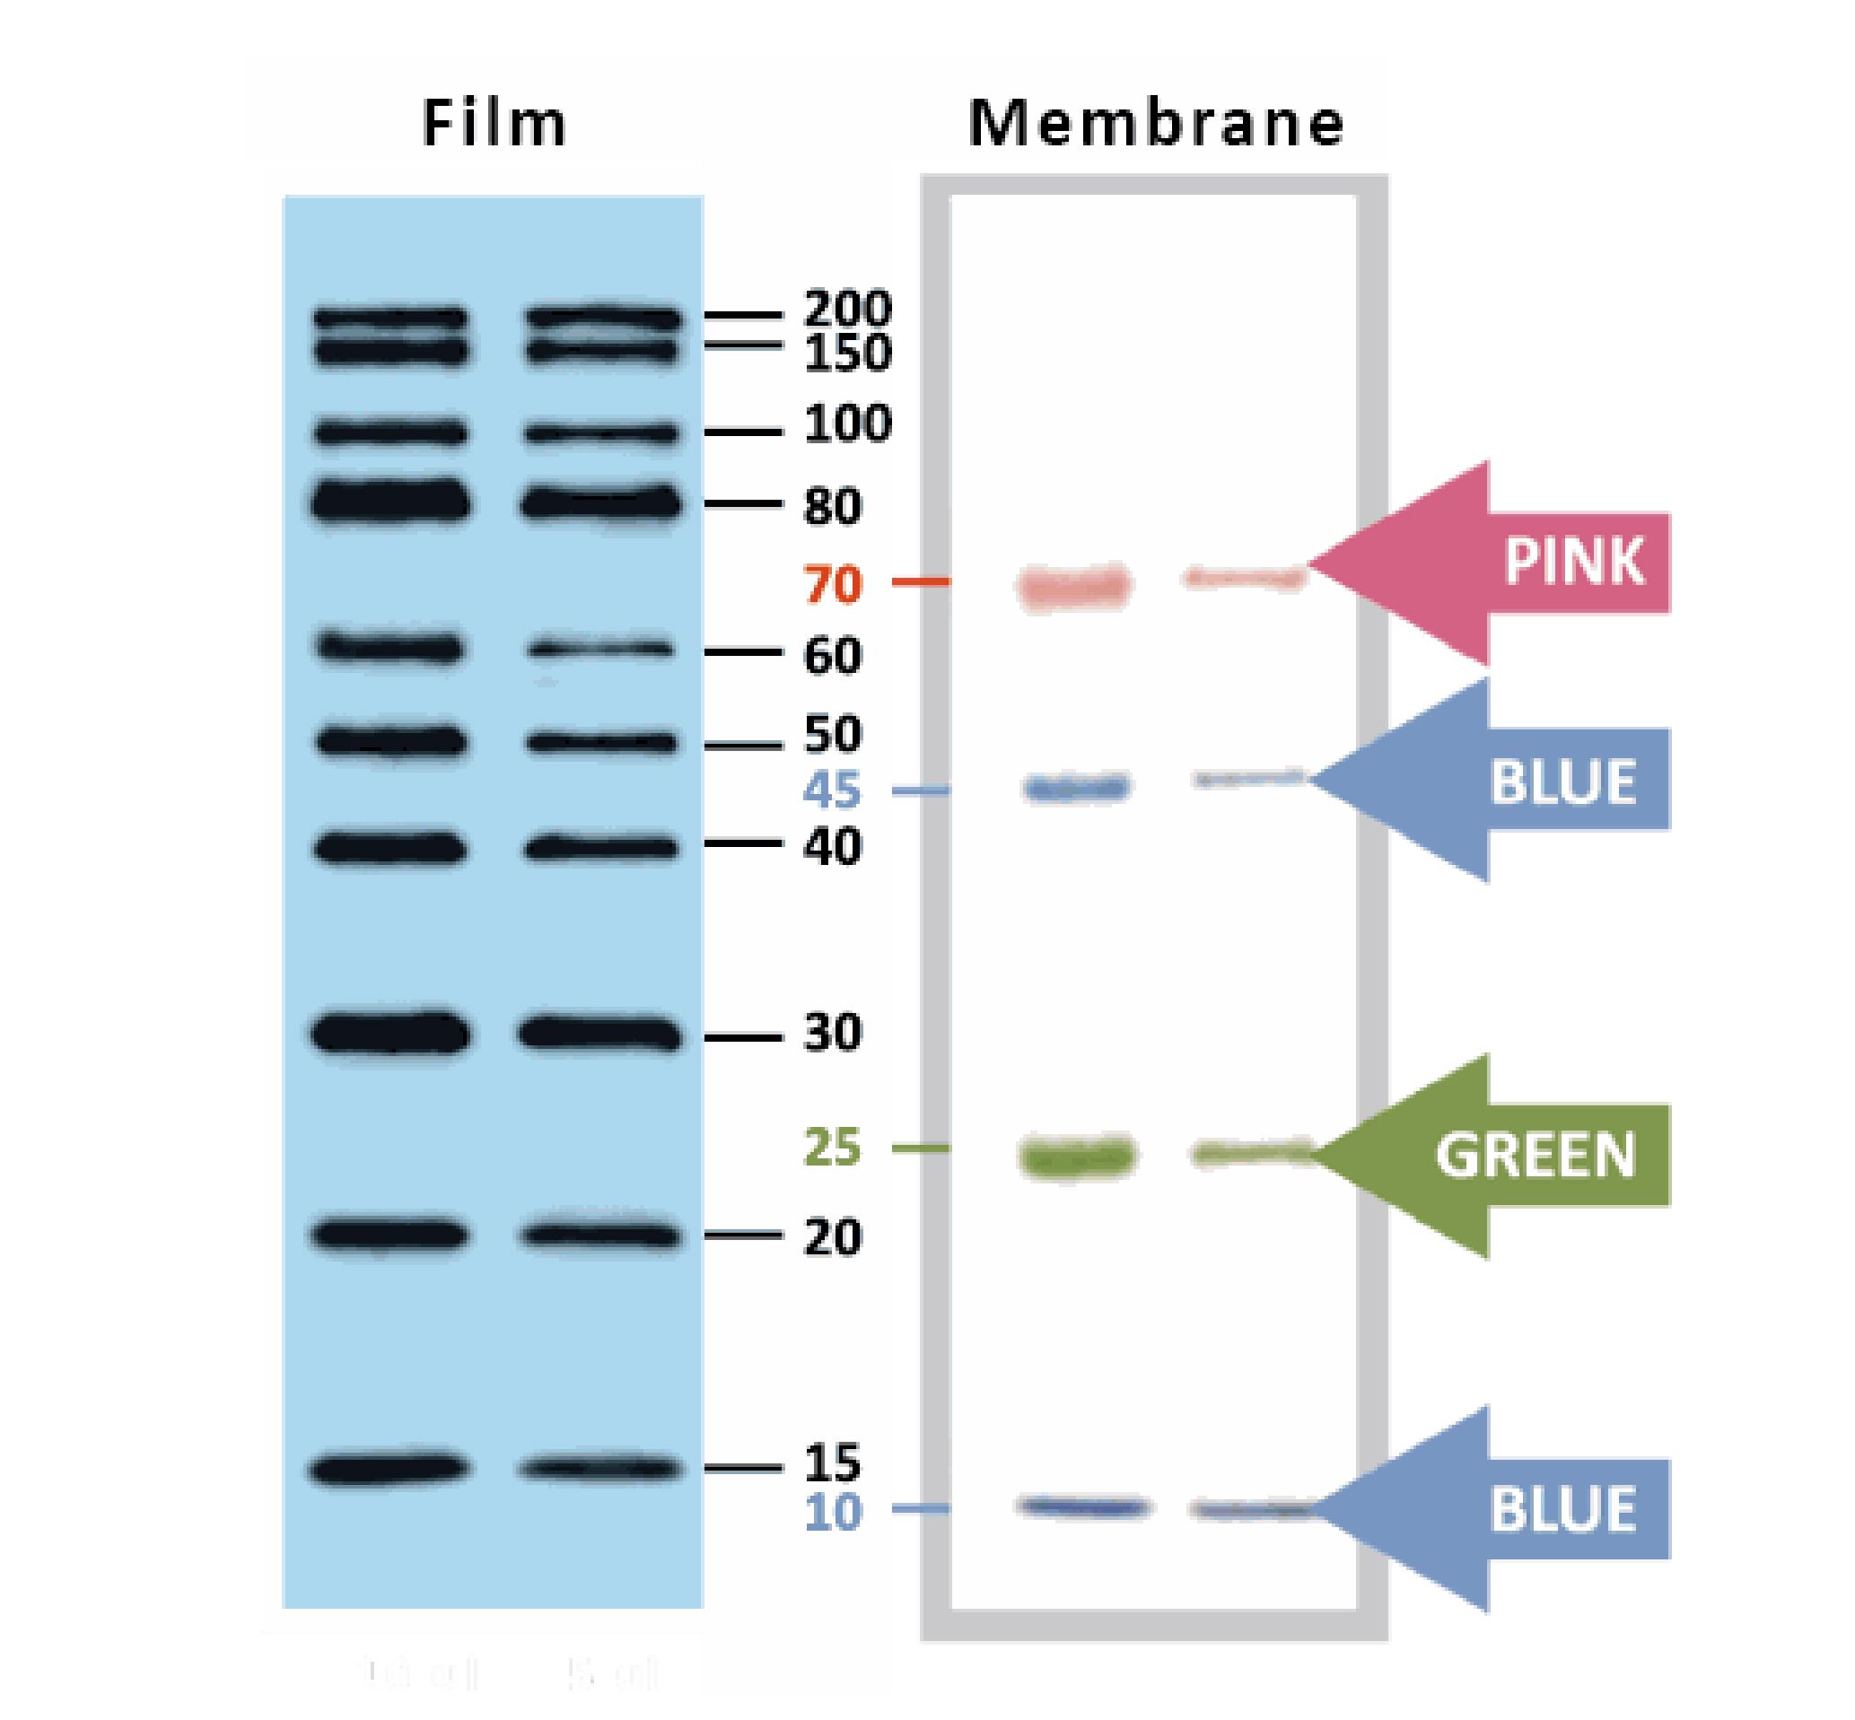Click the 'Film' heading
click(x=494, y=123)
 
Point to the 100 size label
click(x=846, y=424)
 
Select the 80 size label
click(x=831, y=506)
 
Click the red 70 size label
click(x=831, y=584)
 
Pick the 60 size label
click(x=831, y=655)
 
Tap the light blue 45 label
click(x=831, y=791)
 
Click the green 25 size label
click(x=831, y=1148)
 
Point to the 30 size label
click(x=831, y=1032)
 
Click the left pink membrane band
click(x=1075, y=587)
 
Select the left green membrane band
click(x=1078, y=1156)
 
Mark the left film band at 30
click(x=389, y=1033)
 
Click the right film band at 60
click(x=599, y=648)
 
